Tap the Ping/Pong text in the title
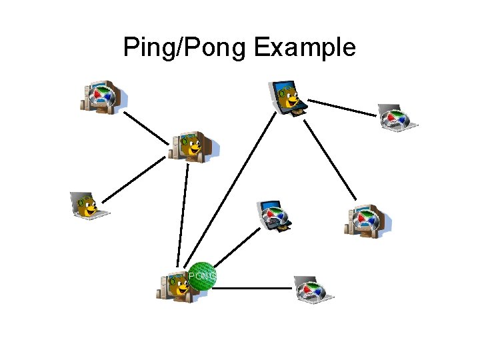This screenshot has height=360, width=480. pyautogui.click(x=185, y=48)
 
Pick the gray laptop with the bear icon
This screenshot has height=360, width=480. pyautogui.click(x=89, y=206)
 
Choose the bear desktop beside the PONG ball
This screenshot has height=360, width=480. pyautogui.click(x=175, y=287)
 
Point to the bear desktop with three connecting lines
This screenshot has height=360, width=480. pyautogui.click(x=193, y=146)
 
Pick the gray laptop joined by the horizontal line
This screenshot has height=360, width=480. pyautogui.click(x=313, y=290)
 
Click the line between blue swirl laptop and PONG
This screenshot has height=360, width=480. pyautogui.click(x=239, y=245)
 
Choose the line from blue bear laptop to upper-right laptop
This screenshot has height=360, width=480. pyautogui.click(x=342, y=108)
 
